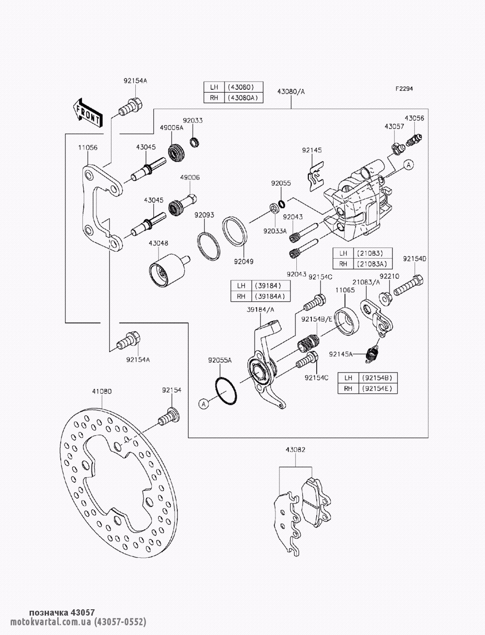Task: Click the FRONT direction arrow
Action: (x=88, y=113)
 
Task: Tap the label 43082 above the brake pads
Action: (x=296, y=450)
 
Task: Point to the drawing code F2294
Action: (x=404, y=89)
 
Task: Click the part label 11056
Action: (x=88, y=147)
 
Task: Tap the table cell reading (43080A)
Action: (x=245, y=98)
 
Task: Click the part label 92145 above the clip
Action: (x=311, y=151)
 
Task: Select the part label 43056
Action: (x=414, y=118)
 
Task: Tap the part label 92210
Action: (x=389, y=276)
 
